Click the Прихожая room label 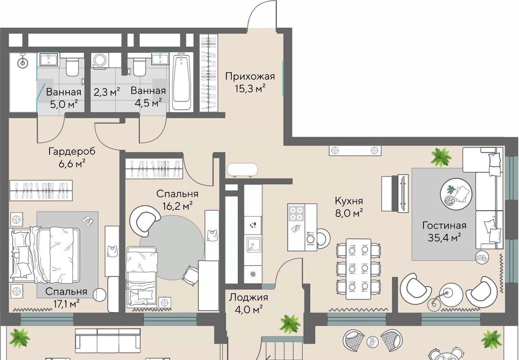tap(250, 76)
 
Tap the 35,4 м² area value tap(444, 238)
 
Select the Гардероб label tap(72, 152)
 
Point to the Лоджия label tap(248, 297)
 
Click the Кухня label tap(349, 201)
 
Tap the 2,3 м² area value tap(107, 92)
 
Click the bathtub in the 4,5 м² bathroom tap(181, 82)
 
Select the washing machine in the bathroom tap(100, 61)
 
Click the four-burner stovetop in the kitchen tap(296, 214)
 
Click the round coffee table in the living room tap(456, 194)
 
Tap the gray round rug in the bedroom tap(172, 247)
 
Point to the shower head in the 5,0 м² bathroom tap(23, 61)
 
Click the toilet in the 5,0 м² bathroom tap(72, 67)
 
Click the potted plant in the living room tap(441, 158)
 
